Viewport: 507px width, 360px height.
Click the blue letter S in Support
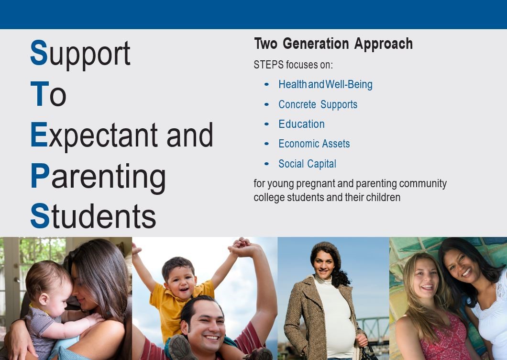(x=39, y=53)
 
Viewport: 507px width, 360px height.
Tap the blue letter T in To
(x=39, y=93)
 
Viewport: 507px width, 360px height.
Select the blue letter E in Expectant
(x=39, y=135)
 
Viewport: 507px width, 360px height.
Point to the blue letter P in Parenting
(x=40, y=175)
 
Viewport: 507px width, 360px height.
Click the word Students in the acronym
(x=93, y=216)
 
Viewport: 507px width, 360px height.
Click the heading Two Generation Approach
(x=333, y=44)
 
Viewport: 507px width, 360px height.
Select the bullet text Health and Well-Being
(x=325, y=85)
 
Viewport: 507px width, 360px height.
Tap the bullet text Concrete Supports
(x=318, y=104)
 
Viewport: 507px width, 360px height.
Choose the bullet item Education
(x=301, y=124)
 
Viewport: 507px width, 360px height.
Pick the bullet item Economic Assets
(x=314, y=144)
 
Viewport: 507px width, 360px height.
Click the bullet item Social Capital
(x=307, y=164)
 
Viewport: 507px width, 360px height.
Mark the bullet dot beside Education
(x=266, y=124)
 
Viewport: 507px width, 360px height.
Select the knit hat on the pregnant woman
(x=326, y=251)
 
